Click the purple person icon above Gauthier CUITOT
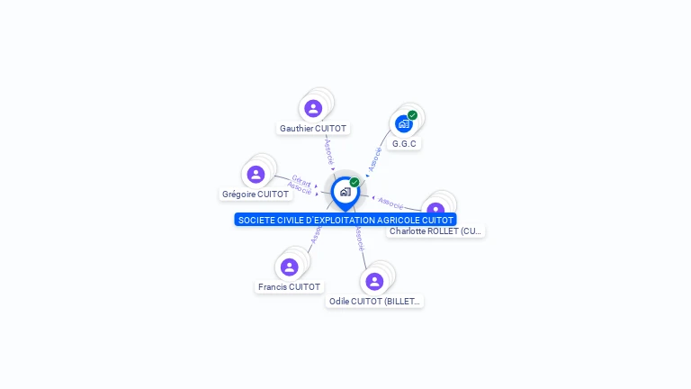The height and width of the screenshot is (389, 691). (x=313, y=108)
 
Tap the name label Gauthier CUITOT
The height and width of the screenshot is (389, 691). (x=313, y=129)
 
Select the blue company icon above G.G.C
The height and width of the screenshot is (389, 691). (x=403, y=123)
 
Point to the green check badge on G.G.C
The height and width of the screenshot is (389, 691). (x=412, y=115)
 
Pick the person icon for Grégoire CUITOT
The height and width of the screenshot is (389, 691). (x=256, y=174)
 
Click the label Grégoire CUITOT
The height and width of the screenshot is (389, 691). (x=256, y=194)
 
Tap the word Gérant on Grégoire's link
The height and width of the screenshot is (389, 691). (x=301, y=181)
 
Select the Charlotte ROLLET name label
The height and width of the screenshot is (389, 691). (x=435, y=231)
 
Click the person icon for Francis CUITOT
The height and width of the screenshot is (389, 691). (x=289, y=267)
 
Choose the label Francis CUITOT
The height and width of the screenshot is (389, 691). (x=289, y=287)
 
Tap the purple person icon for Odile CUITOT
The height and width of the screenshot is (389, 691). (x=374, y=281)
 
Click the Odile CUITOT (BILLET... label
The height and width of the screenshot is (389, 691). (x=374, y=302)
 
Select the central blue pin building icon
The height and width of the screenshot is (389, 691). (x=345, y=192)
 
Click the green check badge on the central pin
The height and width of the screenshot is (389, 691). (x=354, y=183)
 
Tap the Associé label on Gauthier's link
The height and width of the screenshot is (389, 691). (x=329, y=150)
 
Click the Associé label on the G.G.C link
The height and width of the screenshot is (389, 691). (x=376, y=158)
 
